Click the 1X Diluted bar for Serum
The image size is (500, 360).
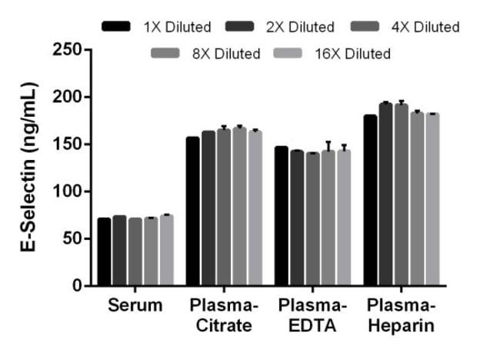(104, 252)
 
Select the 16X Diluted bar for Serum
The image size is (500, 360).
(167, 250)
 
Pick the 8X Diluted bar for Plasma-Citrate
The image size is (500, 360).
(239, 207)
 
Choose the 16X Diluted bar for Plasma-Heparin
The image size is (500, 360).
(432, 200)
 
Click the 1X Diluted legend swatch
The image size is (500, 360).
(116, 27)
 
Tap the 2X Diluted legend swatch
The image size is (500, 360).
(241, 27)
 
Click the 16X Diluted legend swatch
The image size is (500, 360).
(289, 53)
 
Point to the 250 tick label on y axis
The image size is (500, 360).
(68, 50)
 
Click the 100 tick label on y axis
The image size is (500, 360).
(68, 192)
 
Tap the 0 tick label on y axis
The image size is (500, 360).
(77, 286)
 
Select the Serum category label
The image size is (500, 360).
(135, 305)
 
